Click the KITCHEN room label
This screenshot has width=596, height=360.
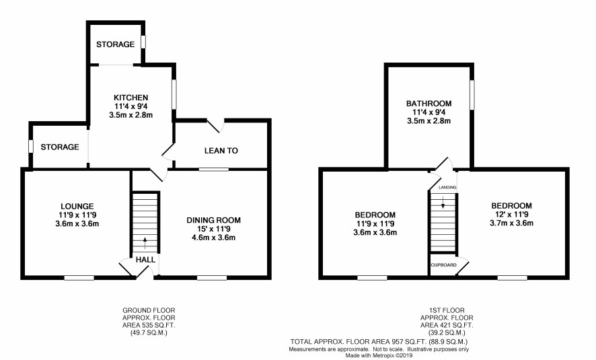[x=131, y=98]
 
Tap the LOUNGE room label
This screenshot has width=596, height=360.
[x=77, y=207]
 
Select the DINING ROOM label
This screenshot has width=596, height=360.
[x=214, y=220]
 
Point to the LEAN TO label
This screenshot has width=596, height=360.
[x=221, y=151]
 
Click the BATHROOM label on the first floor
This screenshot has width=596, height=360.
[x=429, y=104]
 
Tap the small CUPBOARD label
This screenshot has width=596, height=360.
[x=443, y=265]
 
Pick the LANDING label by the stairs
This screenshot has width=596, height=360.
[x=447, y=188]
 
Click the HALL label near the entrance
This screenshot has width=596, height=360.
[x=145, y=260]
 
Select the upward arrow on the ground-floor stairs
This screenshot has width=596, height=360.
[x=145, y=243]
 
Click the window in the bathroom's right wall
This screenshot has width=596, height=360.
[x=472, y=95]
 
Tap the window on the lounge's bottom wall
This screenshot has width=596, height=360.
[x=79, y=279]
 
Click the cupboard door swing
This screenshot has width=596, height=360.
[x=462, y=267]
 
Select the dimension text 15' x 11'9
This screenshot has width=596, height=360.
[x=213, y=229]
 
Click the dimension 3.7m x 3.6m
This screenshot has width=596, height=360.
[x=511, y=223]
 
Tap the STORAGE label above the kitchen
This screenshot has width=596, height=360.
[x=115, y=44]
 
